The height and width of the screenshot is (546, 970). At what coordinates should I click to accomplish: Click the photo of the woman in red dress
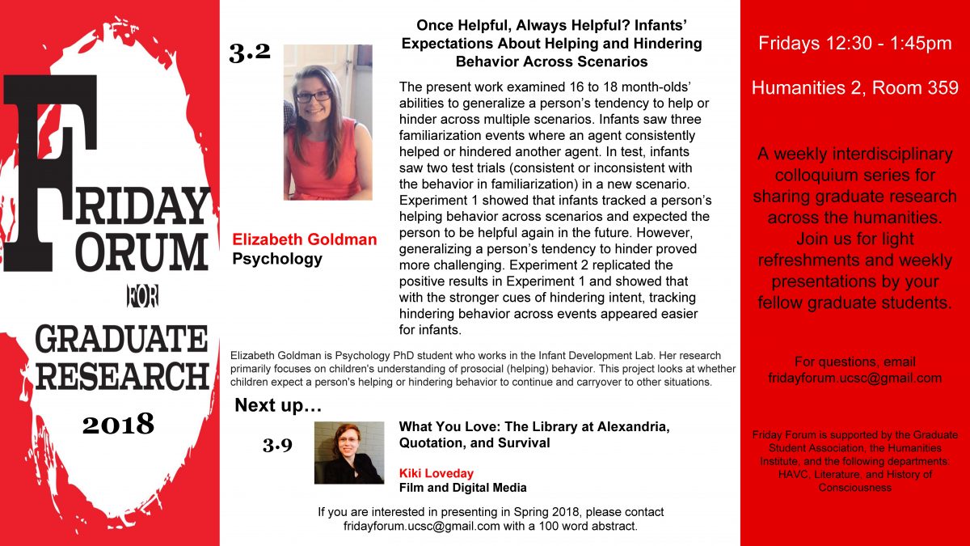tap(327, 123)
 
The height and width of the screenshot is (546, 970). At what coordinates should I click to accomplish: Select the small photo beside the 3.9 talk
tap(348, 453)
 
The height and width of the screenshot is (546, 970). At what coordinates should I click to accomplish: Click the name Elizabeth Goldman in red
tap(304, 239)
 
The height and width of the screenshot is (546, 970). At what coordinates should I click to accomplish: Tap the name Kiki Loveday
tap(436, 472)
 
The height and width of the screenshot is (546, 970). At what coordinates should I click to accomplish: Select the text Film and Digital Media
tap(462, 487)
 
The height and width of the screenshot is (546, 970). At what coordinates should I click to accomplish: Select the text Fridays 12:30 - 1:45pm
tap(854, 44)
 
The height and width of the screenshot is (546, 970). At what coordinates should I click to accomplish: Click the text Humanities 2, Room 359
tap(854, 88)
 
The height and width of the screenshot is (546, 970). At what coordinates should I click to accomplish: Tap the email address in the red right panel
tap(854, 378)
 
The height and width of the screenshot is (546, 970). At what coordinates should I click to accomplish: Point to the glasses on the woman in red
tap(314, 96)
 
